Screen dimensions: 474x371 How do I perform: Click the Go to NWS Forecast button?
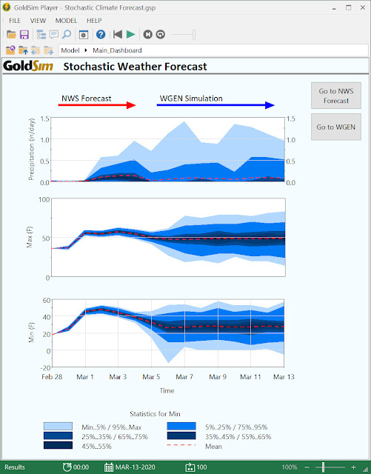337,96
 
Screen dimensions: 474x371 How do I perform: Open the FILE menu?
15,20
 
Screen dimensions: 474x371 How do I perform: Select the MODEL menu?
66,20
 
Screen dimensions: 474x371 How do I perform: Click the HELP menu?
94,20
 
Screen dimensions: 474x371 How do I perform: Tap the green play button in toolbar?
130,34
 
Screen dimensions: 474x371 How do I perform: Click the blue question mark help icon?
101,34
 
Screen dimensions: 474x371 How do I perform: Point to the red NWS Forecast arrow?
98,106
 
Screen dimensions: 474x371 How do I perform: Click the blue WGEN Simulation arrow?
215,106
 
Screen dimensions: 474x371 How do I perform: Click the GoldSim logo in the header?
27,67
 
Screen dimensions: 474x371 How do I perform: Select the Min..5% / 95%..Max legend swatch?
58,427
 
